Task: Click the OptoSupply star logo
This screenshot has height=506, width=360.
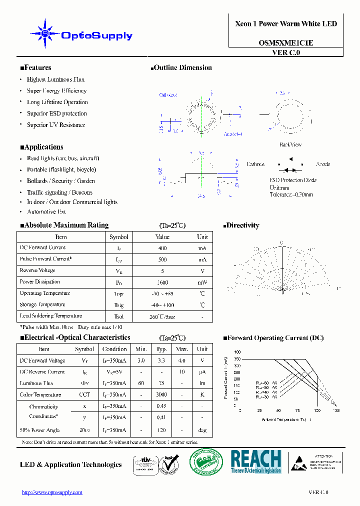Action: [x=44, y=33]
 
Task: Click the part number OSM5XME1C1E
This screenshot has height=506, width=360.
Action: [x=286, y=43]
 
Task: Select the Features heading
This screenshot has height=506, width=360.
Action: [x=35, y=68]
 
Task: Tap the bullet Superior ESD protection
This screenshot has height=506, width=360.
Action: [x=56, y=113]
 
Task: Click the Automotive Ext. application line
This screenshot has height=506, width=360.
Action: [x=46, y=211]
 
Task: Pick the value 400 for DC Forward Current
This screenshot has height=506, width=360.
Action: [x=162, y=248]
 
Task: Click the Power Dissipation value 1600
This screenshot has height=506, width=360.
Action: [x=162, y=282]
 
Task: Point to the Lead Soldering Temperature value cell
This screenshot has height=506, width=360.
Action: [x=162, y=316]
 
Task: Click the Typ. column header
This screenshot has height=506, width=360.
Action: [x=161, y=349]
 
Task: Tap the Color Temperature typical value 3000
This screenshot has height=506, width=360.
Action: [x=161, y=395]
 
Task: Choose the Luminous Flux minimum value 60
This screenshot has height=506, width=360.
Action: [x=141, y=383]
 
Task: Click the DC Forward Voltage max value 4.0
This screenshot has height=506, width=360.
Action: [x=182, y=360]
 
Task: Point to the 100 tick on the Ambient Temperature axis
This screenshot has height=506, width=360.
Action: [x=316, y=410]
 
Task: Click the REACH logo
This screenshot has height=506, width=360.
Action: [x=256, y=461]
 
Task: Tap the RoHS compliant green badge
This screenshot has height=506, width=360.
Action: [x=206, y=462]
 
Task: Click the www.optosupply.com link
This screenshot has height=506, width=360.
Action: [x=52, y=492]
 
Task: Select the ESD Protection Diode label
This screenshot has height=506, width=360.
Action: [x=292, y=180]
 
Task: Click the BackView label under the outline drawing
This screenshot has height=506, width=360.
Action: [x=290, y=144]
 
